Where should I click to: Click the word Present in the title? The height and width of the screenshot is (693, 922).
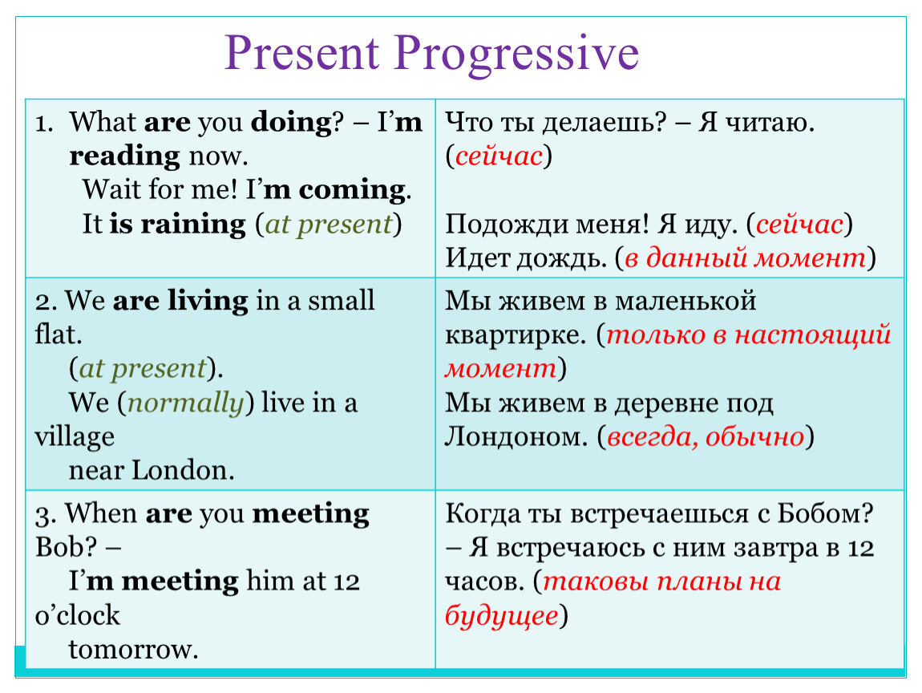[x=301, y=53]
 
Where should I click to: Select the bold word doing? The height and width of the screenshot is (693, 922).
[x=291, y=124]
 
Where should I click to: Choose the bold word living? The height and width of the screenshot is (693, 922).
[x=208, y=302]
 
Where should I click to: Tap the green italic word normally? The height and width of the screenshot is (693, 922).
[x=185, y=404]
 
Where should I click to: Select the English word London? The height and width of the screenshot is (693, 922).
[x=183, y=471]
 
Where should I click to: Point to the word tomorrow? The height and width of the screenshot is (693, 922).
[x=133, y=650]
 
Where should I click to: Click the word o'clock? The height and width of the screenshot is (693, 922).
[x=77, y=616]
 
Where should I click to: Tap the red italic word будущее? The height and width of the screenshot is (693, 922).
[x=501, y=616]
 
